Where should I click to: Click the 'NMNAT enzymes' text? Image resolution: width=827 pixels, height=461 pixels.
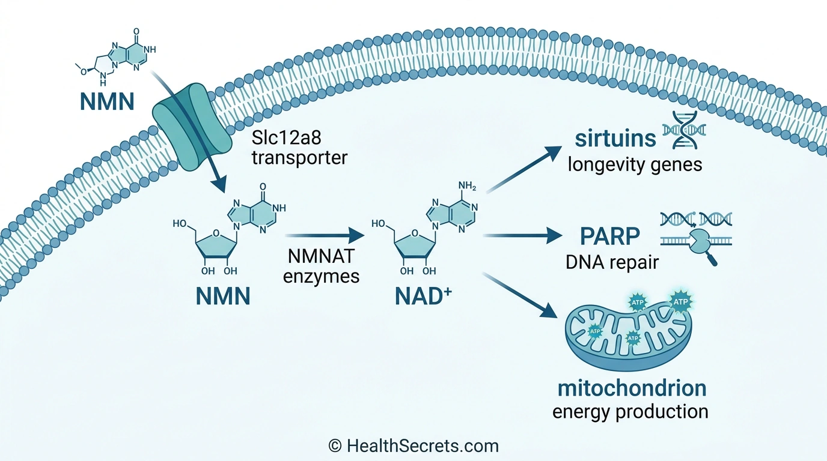(x=322, y=268)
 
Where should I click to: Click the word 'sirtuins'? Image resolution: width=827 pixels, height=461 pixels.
(x=615, y=138)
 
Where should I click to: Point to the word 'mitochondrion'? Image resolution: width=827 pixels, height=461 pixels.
(x=632, y=388)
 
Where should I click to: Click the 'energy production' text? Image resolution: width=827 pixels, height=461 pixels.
(x=630, y=412)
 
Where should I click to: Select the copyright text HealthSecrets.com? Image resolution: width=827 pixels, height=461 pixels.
(x=413, y=446)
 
